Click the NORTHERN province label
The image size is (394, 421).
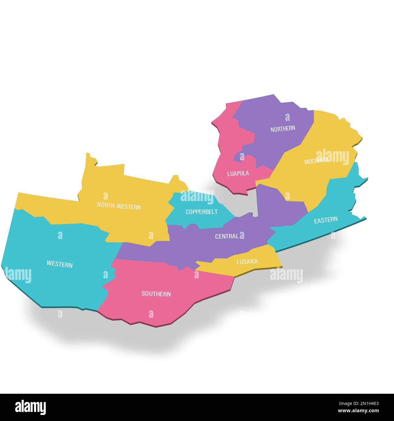pos(282,129)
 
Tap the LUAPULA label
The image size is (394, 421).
pos(238,174)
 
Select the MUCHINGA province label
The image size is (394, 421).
pos(316,161)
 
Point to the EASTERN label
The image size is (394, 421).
pos(326,220)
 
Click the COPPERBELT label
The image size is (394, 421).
pos(201,212)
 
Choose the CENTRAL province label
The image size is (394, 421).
pos(227,236)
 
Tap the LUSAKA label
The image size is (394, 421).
pos(247,261)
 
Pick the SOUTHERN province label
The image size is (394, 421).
pos(156,294)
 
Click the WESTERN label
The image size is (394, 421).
pos(59,264)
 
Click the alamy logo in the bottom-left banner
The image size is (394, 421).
pos(31,407)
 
